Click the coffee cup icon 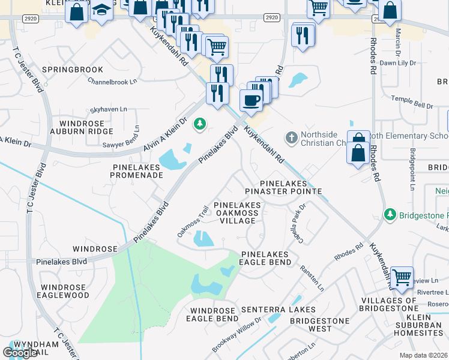252,99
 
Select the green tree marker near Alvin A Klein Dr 199,125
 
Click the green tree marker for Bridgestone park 390,214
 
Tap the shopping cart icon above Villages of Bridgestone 402,277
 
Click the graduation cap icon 101,10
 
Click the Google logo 20,353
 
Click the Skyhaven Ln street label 109,109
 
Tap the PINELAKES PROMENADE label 137,170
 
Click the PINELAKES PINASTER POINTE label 284,187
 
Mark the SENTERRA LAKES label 278,310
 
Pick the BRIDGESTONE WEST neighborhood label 319,325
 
